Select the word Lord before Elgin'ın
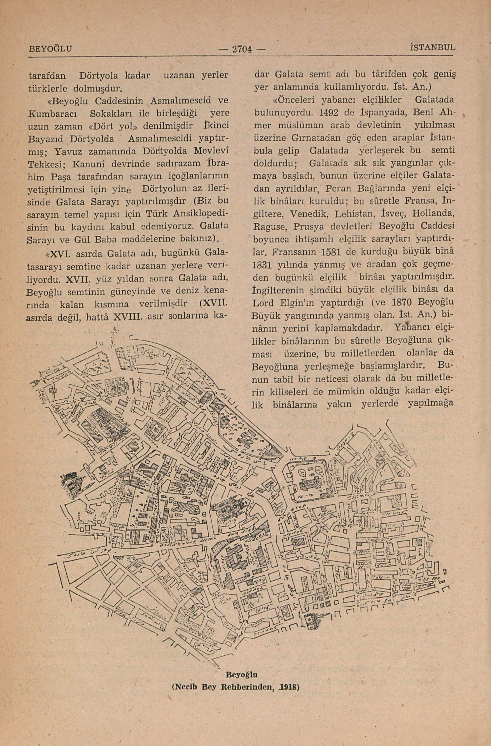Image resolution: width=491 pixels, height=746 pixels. point(264,303)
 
